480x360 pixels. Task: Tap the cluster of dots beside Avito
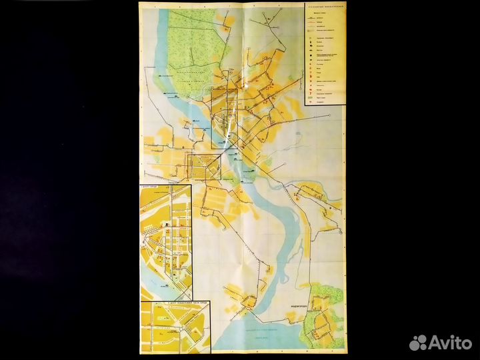click(x=419, y=342)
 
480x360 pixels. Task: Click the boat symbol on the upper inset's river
click(x=155, y=281)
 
